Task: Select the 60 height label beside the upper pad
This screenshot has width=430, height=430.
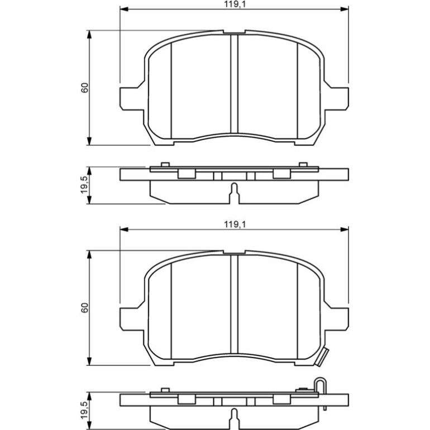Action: tap(85, 88)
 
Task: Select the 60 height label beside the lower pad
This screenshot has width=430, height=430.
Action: tap(85, 308)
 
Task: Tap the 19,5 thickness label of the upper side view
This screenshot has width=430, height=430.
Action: tap(85, 185)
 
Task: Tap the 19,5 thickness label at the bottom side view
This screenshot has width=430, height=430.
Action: tap(85, 410)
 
